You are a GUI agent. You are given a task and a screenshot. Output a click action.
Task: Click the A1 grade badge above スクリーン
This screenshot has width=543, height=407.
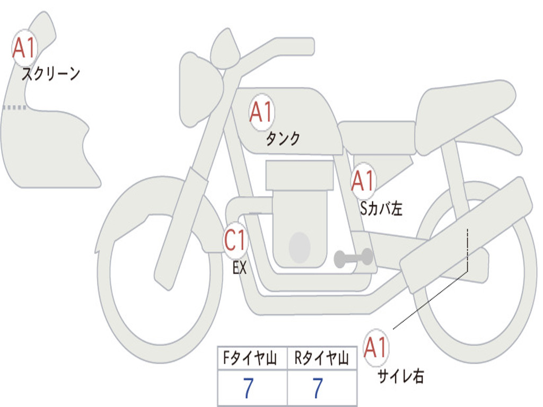(x=24, y=48)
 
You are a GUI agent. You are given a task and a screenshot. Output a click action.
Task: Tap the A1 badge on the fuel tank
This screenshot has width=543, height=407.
(x=261, y=112)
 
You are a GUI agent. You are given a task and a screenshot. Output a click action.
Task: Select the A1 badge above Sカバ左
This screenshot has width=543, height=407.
(x=363, y=181)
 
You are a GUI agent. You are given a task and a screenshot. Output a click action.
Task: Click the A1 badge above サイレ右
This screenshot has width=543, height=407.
(x=376, y=348)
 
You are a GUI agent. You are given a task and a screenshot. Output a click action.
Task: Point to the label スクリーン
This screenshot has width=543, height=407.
(x=50, y=74)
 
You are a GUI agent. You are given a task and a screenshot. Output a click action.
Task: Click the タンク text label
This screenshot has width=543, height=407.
(x=283, y=139)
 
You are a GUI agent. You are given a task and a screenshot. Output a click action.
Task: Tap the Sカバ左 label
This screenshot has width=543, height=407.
(x=381, y=209)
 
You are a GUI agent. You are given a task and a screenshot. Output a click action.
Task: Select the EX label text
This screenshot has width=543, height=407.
(x=240, y=268)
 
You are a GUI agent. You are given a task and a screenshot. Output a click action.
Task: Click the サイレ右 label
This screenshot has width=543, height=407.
(x=400, y=376)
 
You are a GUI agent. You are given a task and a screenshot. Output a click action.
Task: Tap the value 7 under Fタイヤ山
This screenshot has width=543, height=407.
(x=248, y=389)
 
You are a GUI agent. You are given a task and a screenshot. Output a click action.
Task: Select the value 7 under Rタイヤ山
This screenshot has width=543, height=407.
(x=317, y=389)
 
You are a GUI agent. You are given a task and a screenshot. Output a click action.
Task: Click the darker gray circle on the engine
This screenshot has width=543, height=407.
(x=300, y=247)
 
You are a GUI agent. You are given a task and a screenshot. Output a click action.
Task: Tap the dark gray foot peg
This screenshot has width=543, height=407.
(x=353, y=258)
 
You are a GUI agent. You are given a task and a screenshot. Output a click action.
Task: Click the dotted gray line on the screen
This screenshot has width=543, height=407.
(x=14, y=108)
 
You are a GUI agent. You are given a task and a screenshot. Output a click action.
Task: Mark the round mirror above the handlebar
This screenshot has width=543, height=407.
(x=225, y=49)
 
